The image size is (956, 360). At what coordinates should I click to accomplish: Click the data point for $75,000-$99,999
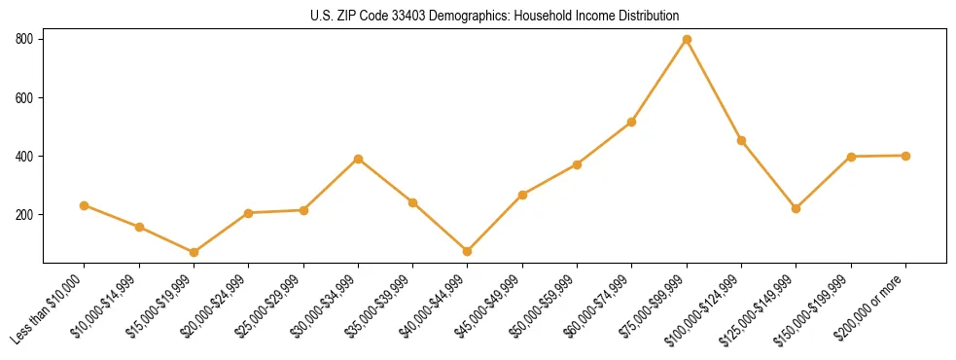click(687, 39)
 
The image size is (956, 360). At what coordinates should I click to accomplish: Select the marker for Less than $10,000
click(85, 205)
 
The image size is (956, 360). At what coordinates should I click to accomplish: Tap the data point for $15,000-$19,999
click(195, 252)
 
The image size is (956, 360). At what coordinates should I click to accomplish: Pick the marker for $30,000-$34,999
click(359, 159)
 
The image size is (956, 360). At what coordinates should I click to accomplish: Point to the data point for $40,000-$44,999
click(468, 251)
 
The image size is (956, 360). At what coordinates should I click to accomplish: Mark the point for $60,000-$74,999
click(632, 122)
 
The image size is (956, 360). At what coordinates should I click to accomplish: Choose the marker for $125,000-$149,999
click(797, 208)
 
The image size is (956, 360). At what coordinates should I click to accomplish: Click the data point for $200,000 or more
click(905, 156)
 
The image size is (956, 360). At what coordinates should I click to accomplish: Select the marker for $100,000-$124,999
click(741, 140)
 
